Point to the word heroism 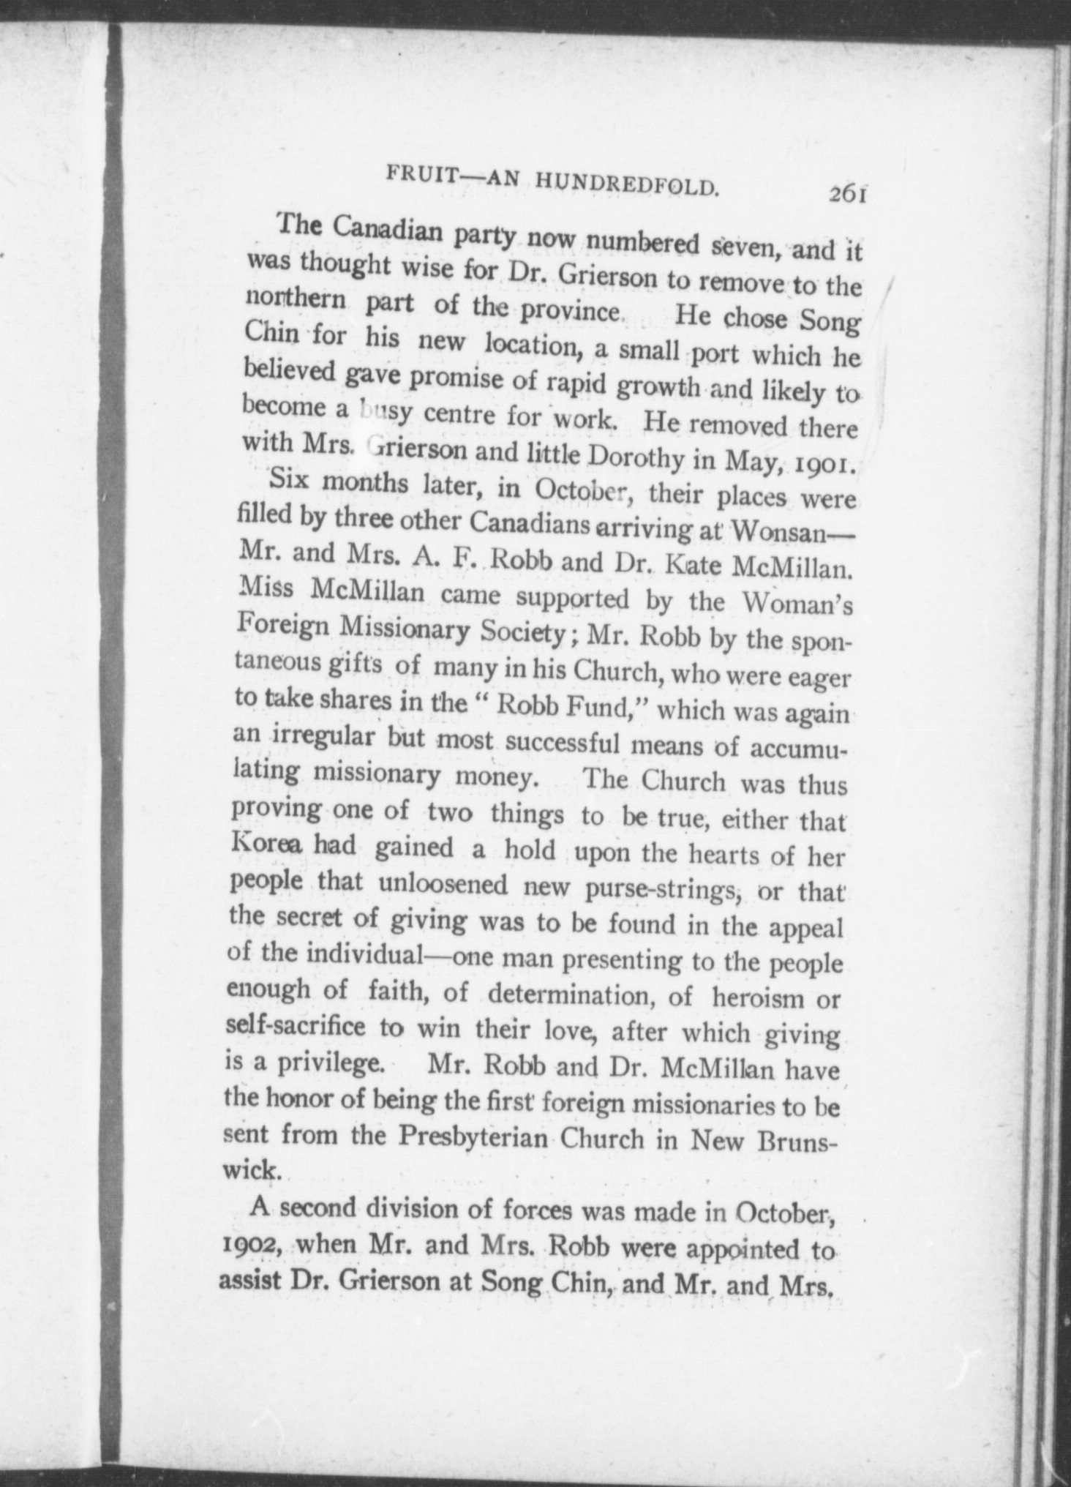(x=759, y=997)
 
